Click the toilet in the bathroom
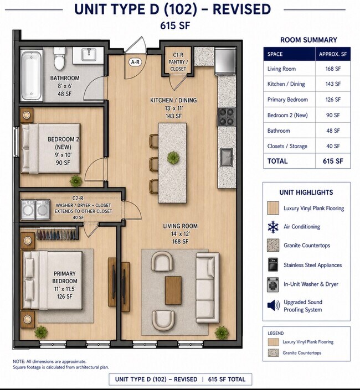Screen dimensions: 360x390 click(x=60, y=58)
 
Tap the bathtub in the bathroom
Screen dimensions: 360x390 click(x=32, y=75)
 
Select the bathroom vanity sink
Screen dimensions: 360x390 click(x=89, y=55)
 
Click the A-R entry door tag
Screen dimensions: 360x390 click(x=135, y=62)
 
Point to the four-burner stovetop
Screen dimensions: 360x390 click(x=227, y=117)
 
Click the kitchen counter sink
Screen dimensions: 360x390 click(x=227, y=157)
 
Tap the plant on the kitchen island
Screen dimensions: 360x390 click(x=173, y=158)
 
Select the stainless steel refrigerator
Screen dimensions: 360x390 click(x=225, y=61)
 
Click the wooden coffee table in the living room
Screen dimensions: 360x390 click(x=173, y=290)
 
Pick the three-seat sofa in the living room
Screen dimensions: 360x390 click(x=208, y=288)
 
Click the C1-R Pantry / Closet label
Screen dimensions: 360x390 click(x=178, y=62)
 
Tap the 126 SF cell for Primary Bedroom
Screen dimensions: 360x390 click(x=333, y=100)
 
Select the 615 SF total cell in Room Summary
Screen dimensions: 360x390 click(x=333, y=161)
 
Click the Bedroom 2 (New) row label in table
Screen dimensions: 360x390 click(x=287, y=115)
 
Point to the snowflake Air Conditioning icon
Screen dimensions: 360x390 click(x=273, y=227)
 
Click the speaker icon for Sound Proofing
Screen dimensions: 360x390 click(x=274, y=305)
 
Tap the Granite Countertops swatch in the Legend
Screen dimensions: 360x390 click(x=273, y=353)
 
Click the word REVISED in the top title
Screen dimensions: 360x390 click(x=241, y=9)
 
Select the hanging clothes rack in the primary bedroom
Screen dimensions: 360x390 click(x=56, y=234)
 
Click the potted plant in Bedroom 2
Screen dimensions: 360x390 click(x=76, y=181)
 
